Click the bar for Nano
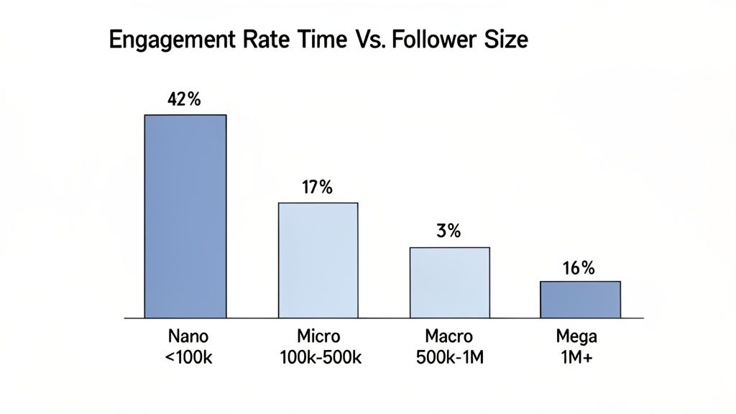tap(185, 216)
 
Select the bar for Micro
tap(318, 259)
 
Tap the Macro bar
tap(449, 282)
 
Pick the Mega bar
tap(580, 299)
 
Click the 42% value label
tap(183, 101)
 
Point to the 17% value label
tap(317, 189)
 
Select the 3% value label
tap(448, 232)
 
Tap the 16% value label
tap(579, 268)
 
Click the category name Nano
tap(186, 336)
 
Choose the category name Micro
tap(317, 336)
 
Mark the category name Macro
tap(448, 336)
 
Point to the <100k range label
tap(186, 357)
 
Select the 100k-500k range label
tap(317, 357)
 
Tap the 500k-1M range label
tap(448, 357)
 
